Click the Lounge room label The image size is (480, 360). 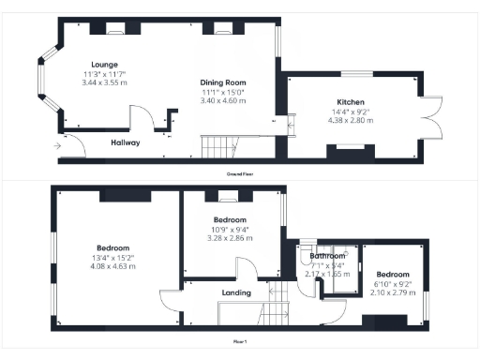point(91,65)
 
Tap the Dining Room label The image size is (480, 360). point(223,82)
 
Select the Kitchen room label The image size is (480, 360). point(351,102)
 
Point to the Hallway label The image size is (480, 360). point(125,142)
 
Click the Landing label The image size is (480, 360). point(234,293)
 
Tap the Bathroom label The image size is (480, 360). point(328,256)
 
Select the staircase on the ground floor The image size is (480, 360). point(217,146)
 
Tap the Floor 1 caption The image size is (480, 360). point(241,342)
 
